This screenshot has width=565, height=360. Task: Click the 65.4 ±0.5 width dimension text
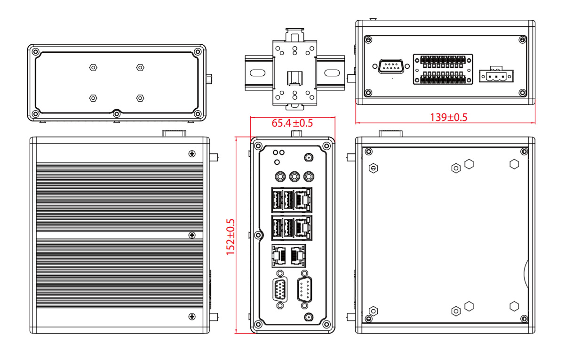coord(292,123)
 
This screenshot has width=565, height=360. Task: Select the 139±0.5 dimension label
coord(448,117)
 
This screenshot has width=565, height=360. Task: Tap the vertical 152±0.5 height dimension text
coord(231,237)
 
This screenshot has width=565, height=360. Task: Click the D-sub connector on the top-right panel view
coord(390,67)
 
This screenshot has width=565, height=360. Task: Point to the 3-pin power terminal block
coord(496,75)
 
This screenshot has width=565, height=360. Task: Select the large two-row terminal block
coord(443,70)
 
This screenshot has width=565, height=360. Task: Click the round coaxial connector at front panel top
coord(309,158)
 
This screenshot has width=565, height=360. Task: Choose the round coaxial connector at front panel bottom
coord(309,317)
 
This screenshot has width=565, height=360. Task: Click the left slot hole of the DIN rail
coord(257,73)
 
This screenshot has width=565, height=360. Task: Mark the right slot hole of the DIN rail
coord(332,73)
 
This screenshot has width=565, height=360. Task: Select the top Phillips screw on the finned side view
coord(191,153)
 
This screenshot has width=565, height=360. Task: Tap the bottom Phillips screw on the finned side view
coord(191,316)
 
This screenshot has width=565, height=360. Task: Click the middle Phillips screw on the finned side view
coord(191,235)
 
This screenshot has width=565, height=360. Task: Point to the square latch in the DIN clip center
coord(294,77)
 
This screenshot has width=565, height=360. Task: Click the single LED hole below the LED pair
coord(277,162)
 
